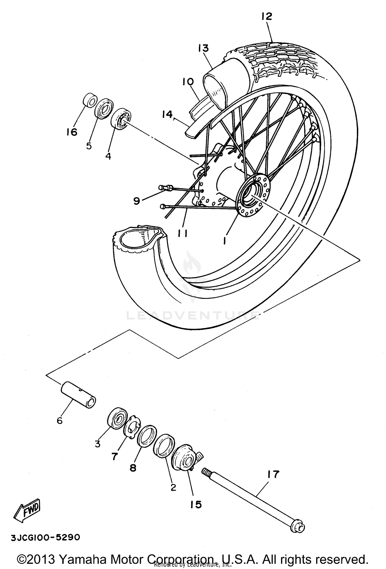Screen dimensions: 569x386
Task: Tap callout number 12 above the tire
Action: [266, 17]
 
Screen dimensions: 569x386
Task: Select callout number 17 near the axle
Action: [273, 474]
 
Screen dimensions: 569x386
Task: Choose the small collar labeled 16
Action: [90, 101]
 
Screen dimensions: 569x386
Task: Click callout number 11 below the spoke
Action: [183, 233]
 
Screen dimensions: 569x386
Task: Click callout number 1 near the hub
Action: [225, 241]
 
